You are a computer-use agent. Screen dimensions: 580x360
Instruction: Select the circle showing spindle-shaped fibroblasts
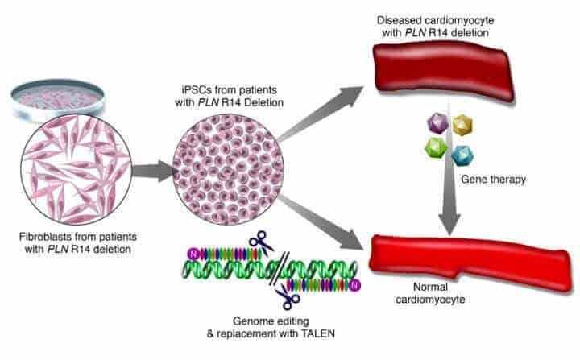coord(77,169)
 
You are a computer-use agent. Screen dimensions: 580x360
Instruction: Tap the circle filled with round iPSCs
coord(228,169)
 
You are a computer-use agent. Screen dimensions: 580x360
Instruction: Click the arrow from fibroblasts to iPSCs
coord(152,172)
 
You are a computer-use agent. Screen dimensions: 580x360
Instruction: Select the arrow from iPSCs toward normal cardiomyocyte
coord(321,222)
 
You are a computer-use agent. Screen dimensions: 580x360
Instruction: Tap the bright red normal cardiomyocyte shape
coord(470,262)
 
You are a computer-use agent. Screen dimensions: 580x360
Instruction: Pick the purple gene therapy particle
coord(438,123)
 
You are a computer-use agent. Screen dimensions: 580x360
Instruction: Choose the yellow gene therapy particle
coord(462,125)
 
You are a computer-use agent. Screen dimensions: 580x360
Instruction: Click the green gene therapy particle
coord(437,148)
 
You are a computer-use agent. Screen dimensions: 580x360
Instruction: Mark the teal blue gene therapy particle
coord(462,155)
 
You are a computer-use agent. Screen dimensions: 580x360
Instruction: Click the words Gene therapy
coord(494,180)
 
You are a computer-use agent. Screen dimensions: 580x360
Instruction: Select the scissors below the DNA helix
coord(288,296)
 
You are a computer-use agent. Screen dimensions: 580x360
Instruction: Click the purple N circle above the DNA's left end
coord(193,254)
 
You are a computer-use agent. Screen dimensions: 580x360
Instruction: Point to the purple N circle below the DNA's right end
coord(355,285)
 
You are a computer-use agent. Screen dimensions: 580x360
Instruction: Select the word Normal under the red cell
coord(430,287)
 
